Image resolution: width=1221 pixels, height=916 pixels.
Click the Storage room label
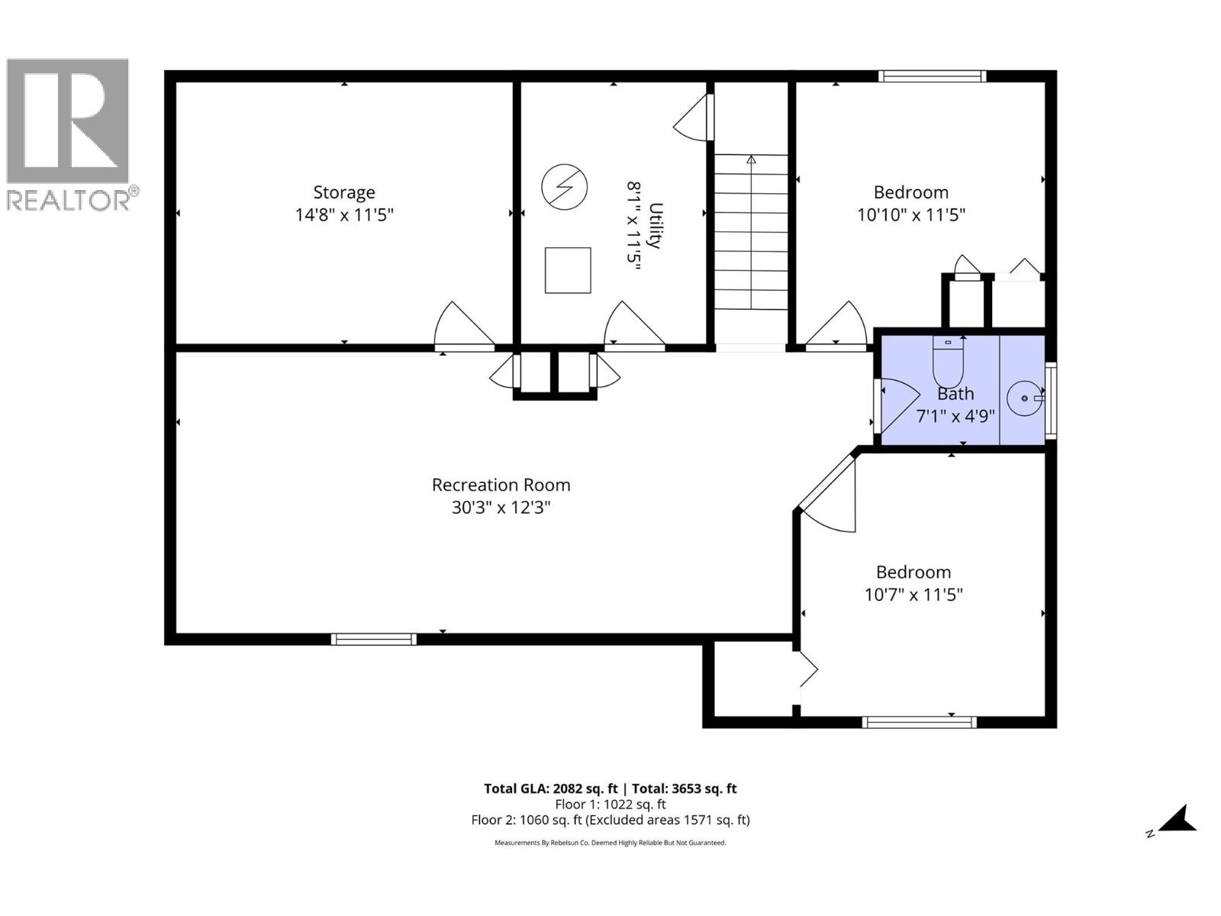pyautogui.click(x=343, y=192)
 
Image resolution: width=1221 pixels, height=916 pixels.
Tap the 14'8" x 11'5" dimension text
pyautogui.click(x=343, y=215)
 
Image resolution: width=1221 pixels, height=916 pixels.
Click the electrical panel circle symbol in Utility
pyautogui.click(x=565, y=186)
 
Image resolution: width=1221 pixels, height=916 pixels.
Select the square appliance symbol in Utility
pyautogui.click(x=568, y=270)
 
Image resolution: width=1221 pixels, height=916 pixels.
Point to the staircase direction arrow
pyautogui.click(x=751, y=160)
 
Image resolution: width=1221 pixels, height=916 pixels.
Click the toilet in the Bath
pyautogui.click(x=949, y=364)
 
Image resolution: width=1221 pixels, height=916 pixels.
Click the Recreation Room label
pyautogui.click(x=501, y=485)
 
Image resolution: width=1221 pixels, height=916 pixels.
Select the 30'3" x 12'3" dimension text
pyautogui.click(x=501, y=508)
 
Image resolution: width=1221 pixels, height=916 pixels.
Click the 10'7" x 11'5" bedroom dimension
pyautogui.click(x=913, y=595)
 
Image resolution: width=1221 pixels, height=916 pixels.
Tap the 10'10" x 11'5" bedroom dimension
pyautogui.click(x=911, y=215)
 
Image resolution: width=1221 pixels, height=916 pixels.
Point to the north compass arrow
pyautogui.click(x=1178, y=820)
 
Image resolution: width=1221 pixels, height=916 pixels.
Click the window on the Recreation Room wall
pyautogui.click(x=374, y=639)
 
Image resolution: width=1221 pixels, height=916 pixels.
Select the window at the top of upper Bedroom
pyautogui.click(x=932, y=76)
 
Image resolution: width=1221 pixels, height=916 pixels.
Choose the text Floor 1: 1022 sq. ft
pyautogui.click(x=610, y=805)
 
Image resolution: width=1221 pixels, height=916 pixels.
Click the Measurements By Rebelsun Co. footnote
pyautogui.click(x=610, y=843)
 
